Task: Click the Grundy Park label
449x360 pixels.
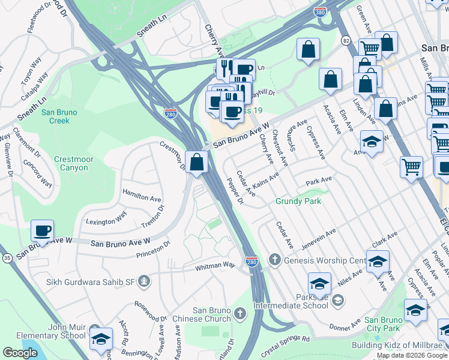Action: [x=298, y=201]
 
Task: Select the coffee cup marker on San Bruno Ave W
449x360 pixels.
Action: [x=43, y=231]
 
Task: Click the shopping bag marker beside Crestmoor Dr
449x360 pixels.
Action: [x=197, y=162]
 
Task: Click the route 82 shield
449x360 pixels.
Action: [x=346, y=40]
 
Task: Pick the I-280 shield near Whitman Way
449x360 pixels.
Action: [x=252, y=262]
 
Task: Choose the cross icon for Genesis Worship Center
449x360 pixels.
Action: [x=275, y=260]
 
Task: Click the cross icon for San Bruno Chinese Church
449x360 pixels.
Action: [x=240, y=313]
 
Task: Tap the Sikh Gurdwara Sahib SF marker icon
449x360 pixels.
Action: [x=143, y=281]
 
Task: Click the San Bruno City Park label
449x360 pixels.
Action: [x=382, y=324]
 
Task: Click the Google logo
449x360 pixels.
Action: [x=20, y=352]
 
